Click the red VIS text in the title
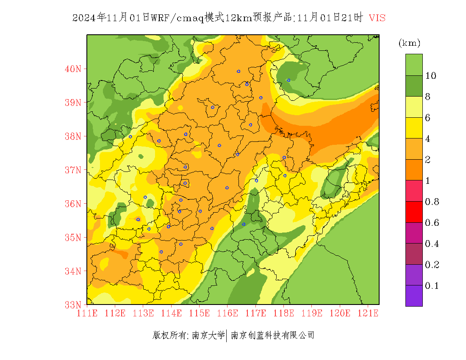pyautogui.click(x=377, y=18)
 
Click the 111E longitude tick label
pyautogui.click(x=87, y=313)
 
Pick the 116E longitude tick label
pyautogui.click(x=227, y=313)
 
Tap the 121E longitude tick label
pyautogui.click(x=368, y=313)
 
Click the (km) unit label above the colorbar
pyautogui.click(x=409, y=43)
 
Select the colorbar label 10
pyautogui.click(x=431, y=76)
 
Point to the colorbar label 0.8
pyautogui.click(x=432, y=202)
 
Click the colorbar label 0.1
pyautogui.click(x=432, y=286)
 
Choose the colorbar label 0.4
pyautogui.click(x=432, y=244)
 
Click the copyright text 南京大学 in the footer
pyautogui.click(x=208, y=335)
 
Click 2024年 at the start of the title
pyautogui.click(x=89, y=18)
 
